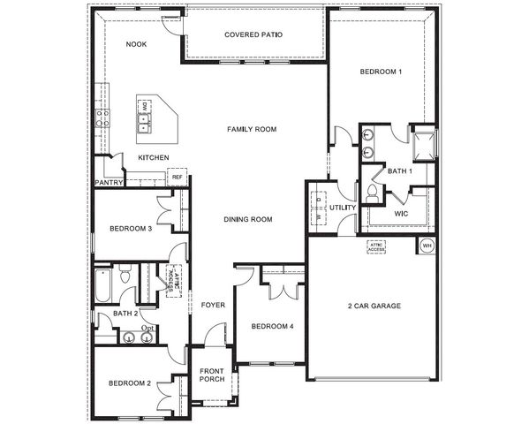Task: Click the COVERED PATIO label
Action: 253,35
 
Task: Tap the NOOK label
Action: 136,44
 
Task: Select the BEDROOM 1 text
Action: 381,71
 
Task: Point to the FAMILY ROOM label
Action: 252,130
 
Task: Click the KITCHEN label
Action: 153,158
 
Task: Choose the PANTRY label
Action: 108,183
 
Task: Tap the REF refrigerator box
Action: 177,178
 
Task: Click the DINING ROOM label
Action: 247,220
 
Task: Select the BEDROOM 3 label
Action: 131,229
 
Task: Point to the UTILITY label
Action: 343,208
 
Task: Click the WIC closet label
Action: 400,214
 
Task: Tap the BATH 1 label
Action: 399,171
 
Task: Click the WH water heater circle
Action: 427,246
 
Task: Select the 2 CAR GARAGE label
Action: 374,306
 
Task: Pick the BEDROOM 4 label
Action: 272,327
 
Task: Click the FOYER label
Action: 213,306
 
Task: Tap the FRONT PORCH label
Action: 212,375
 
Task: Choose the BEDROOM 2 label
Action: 130,383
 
